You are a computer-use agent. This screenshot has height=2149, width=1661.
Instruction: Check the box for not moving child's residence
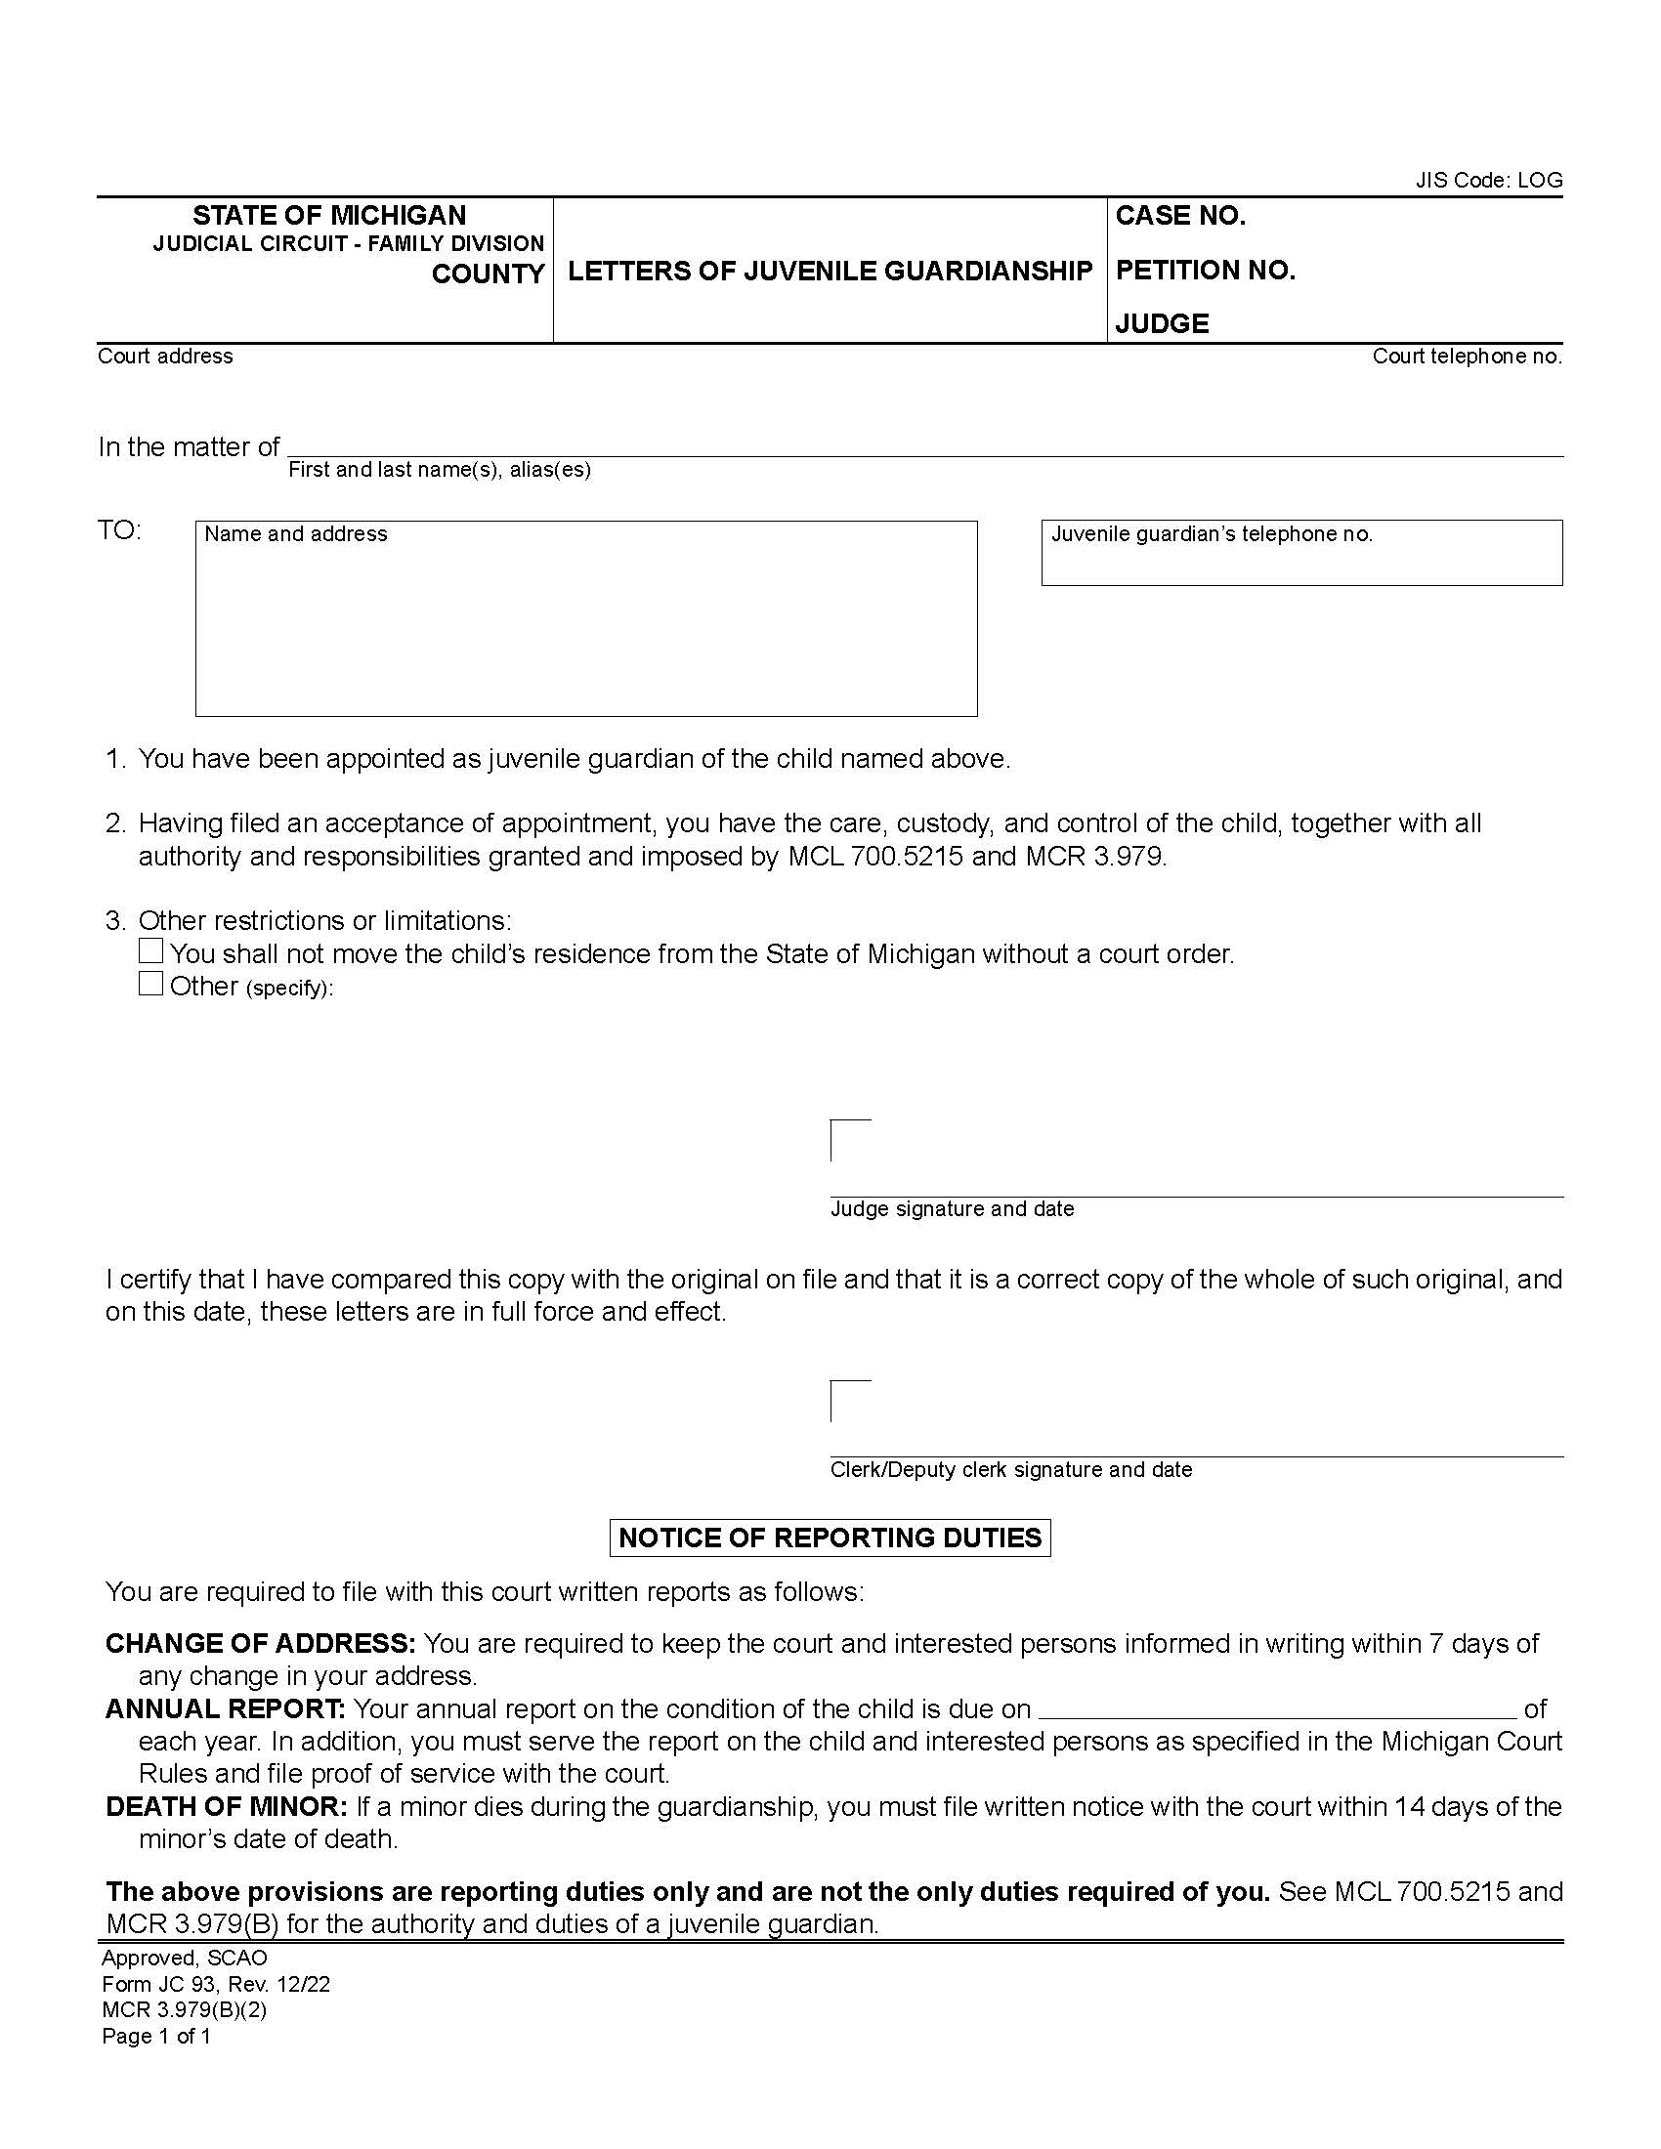pos(150,951)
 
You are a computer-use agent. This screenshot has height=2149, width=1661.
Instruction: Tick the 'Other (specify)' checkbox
pos(150,984)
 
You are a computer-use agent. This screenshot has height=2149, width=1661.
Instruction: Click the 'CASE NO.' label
pos(1180,217)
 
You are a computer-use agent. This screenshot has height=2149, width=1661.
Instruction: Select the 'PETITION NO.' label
pos(1205,271)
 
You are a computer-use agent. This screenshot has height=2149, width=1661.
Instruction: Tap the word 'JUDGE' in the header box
pos(1161,323)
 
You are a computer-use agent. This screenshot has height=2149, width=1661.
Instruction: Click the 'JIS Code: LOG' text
pos(1488,180)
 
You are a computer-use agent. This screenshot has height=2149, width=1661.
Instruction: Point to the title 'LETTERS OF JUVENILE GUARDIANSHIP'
pos(830,271)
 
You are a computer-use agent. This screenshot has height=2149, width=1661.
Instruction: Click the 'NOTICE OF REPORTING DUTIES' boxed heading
pos(830,1538)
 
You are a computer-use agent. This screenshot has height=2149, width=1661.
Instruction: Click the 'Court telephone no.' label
pos(1467,357)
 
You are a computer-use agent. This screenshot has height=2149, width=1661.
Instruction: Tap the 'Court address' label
pos(165,357)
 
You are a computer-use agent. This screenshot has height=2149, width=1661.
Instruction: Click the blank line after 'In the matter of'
pos(925,444)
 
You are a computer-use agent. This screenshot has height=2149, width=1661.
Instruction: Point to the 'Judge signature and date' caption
pos(952,1208)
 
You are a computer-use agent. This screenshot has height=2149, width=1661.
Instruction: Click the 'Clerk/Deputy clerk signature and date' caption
pos(1010,1469)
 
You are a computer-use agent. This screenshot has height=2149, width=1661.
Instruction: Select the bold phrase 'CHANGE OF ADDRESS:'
pos(261,1643)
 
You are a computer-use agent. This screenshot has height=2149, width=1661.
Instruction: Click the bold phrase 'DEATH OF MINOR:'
pos(227,1806)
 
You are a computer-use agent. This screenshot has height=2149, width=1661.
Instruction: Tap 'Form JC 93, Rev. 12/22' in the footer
pos(216,1984)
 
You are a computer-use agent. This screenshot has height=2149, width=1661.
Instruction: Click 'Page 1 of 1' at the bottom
pos(156,2036)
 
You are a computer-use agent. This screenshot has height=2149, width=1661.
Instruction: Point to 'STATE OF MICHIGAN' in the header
pos(328,216)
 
